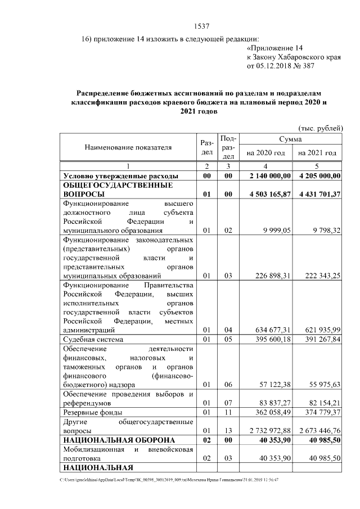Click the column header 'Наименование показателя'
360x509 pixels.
128,147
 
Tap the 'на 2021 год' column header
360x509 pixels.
317,153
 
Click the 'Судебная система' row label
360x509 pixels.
93,340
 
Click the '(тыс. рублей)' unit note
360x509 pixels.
319,128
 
